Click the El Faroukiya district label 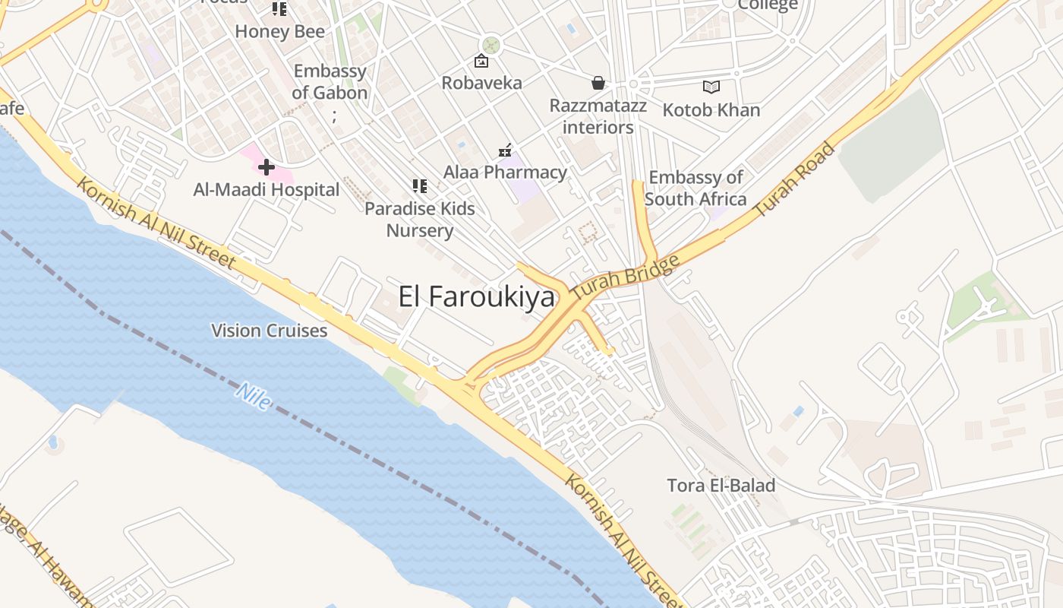(x=476, y=297)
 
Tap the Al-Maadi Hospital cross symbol (x=267, y=166)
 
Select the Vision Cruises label (x=269, y=331)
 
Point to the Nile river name (x=253, y=396)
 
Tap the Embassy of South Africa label (x=696, y=188)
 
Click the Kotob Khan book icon (x=711, y=87)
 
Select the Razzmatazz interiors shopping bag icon (x=598, y=82)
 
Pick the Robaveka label (x=481, y=83)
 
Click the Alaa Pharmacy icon (x=505, y=151)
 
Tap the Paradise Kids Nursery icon (x=419, y=185)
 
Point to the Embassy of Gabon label (x=330, y=82)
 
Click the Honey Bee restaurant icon (x=279, y=9)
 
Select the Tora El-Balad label (x=721, y=485)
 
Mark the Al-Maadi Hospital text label (x=266, y=189)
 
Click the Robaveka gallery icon (x=481, y=61)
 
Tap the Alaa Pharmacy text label (x=505, y=173)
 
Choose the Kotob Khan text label (x=711, y=110)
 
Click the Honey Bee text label (x=279, y=32)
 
